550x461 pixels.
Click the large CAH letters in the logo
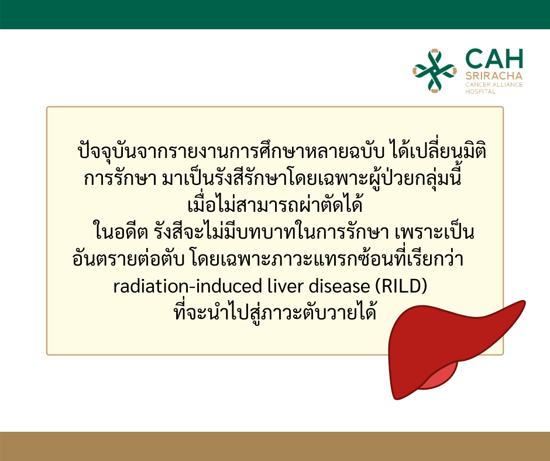(x=494, y=59)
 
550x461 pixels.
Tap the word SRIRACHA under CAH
(x=494, y=76)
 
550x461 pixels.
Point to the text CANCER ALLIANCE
(x=494, y=85)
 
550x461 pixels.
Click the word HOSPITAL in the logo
(x=480, y=92)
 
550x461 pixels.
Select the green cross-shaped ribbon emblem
(x=435, y=71)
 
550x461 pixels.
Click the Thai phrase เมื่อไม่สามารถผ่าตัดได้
(x=275, y=204)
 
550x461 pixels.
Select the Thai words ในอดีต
(x=121, y=232)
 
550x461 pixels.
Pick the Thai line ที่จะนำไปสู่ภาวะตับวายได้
(x=275, y=312)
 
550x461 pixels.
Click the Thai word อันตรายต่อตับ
(x=128, y=259)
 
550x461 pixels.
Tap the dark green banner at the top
(x=275, y=15)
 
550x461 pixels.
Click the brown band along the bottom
(x=275, y=446)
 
